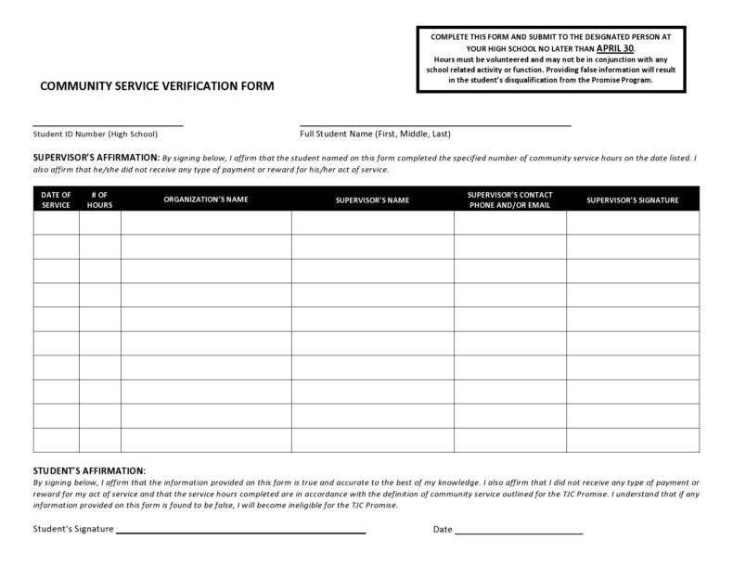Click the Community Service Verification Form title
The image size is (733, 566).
pos(157,86)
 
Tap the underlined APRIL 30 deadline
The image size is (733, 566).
pos(615,46)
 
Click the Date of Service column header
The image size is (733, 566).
pos(57,199)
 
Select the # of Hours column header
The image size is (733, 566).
pos(99,199)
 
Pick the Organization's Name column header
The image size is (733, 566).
pos(206,199)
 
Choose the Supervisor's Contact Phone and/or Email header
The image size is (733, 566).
pos(509,199)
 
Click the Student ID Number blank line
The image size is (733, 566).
pos(108,123)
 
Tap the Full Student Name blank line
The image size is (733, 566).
pos(435,123)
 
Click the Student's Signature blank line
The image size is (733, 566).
pos(240,533)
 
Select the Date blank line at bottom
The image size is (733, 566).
pos(519,533)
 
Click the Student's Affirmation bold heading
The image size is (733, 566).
pos(89,471)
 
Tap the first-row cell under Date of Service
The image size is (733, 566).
pos(57,224)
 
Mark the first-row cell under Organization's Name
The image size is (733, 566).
pos(206,224)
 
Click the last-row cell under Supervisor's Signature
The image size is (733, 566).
pos(633,440)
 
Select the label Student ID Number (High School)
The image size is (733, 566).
pos(96,134)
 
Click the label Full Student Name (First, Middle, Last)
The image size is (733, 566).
pos(375,134)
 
